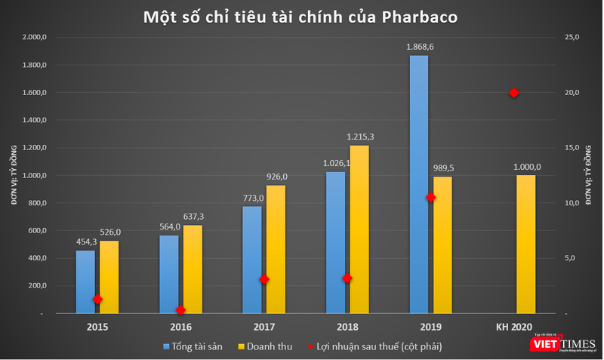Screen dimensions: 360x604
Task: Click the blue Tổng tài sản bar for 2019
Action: tap(418, 185)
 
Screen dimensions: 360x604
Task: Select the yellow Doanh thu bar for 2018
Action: tap(359, 229)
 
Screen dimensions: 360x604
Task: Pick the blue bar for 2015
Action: tap(86, 282)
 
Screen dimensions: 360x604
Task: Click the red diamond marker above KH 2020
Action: tap(513, 93)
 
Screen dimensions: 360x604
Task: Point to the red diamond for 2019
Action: tap(430, 197)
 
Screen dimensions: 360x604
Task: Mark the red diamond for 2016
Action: tap(180, 309)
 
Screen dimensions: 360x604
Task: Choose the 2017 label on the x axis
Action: tap(263, 327)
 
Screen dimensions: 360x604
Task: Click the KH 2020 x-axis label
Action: tap(513, 327)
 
